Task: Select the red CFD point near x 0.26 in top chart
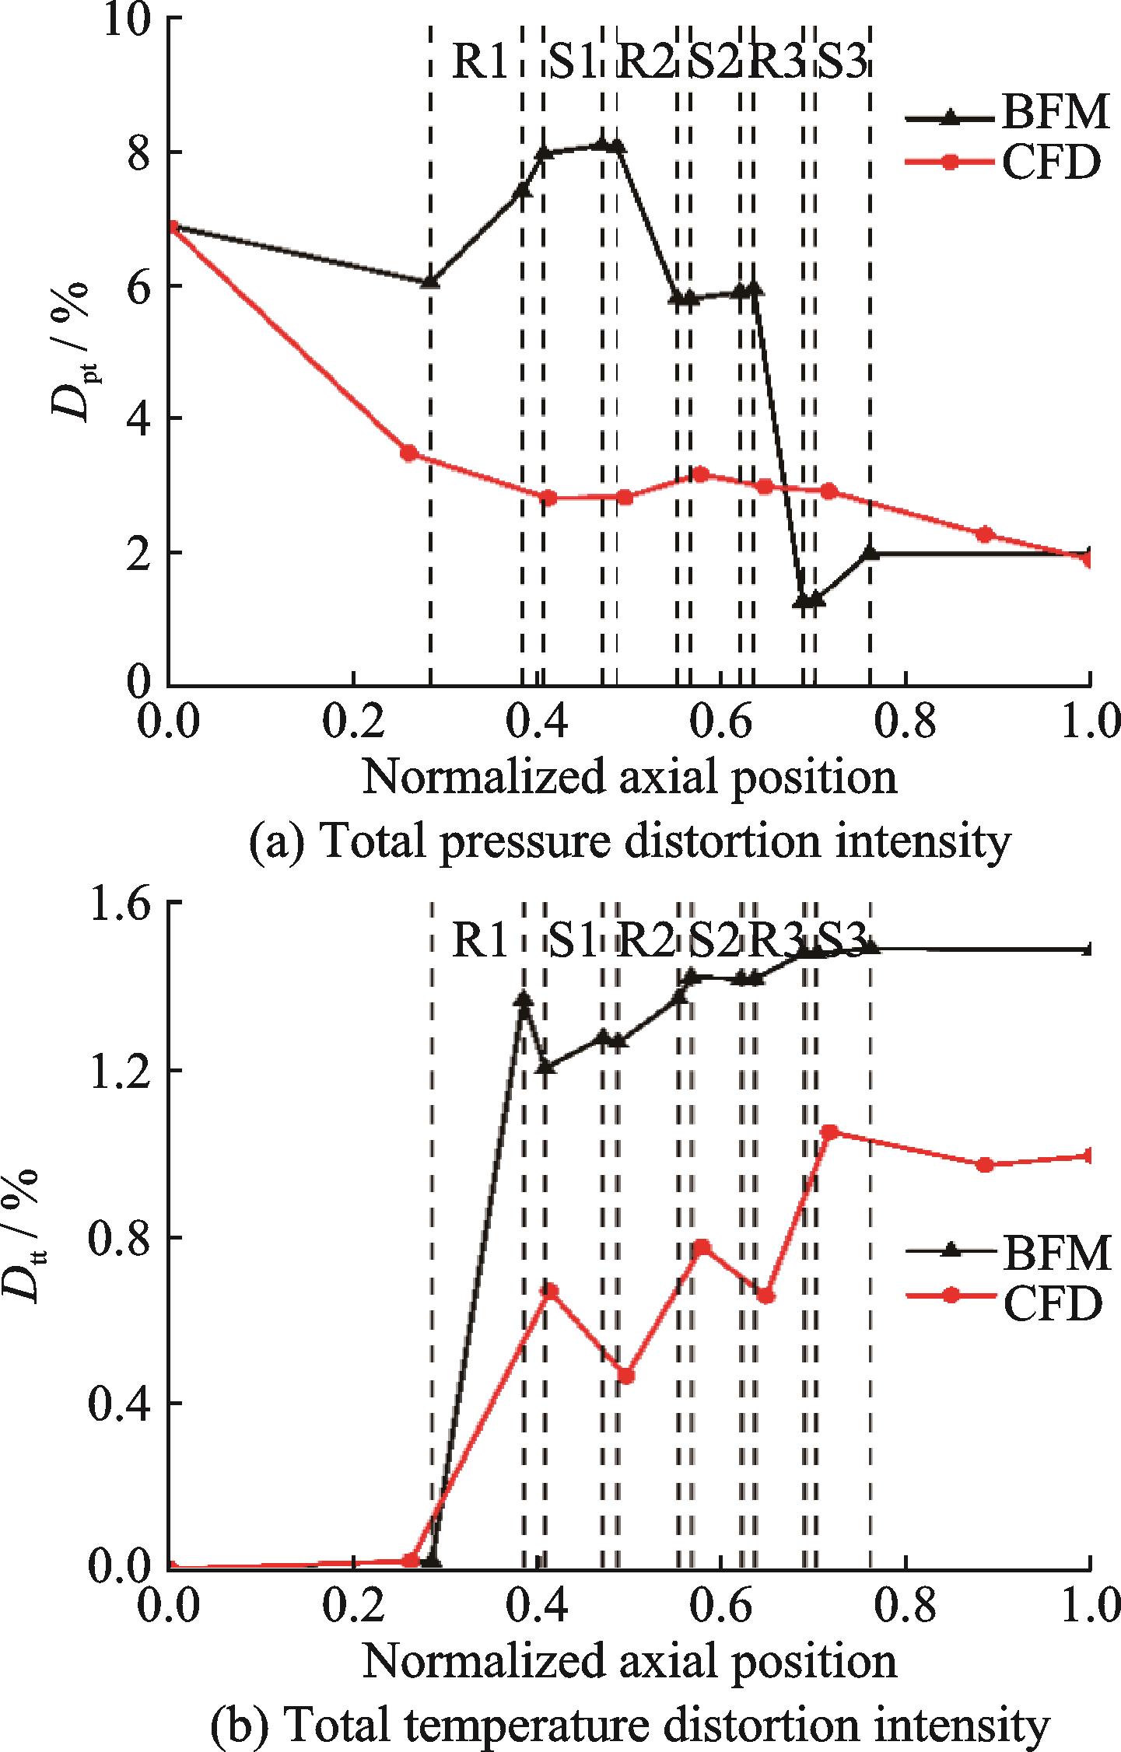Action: click(x=409, y=453)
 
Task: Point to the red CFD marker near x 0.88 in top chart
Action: click(x=986, y=534)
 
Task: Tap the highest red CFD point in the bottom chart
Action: click(x=829, y=1132)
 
